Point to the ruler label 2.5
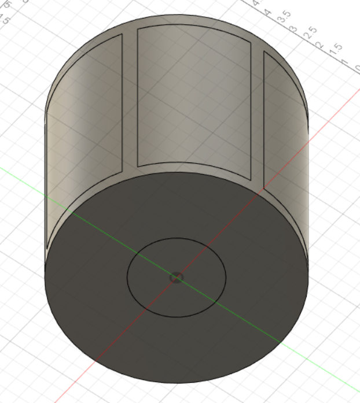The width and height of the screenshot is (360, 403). coord(310,32)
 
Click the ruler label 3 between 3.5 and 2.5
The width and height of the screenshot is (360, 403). coord(293,28)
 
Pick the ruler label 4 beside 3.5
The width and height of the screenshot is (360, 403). coord(268,12)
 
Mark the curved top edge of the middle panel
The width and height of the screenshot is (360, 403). coord(194,26)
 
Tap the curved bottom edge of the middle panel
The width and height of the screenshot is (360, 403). coord(194,163)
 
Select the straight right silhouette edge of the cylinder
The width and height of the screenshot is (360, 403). coord(308,191)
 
